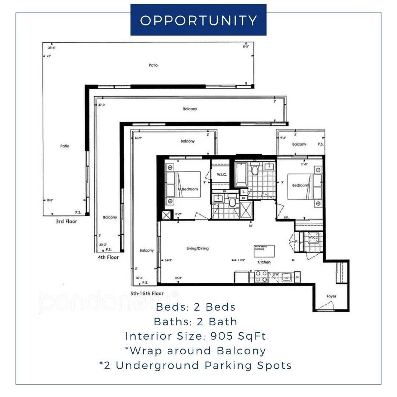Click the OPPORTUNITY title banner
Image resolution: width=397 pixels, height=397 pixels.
pos(198,20)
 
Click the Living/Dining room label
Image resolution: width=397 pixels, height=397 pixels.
pos(197,248)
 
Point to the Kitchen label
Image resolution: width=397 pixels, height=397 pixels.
pos(264,262)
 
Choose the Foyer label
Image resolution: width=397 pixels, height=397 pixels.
pos(331,296)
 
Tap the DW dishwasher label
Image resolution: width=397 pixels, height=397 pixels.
pos(275,275)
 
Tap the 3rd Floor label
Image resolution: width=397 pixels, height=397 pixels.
pos(66,222)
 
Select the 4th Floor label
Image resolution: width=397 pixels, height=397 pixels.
pos(108,257)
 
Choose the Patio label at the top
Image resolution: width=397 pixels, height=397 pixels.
pos(153,65)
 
